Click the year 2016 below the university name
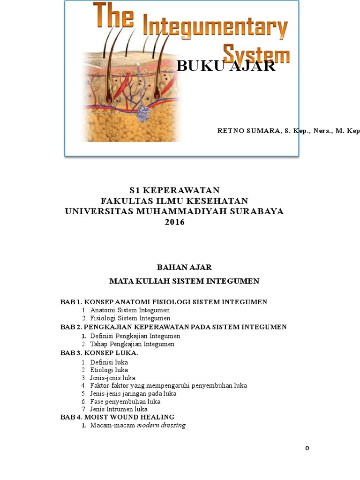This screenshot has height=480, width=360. point(174,222)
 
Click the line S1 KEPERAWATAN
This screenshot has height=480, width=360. point(174,190)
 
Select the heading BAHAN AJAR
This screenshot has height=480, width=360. point(184,267)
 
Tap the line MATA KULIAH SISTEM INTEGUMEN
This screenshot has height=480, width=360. point(184,281)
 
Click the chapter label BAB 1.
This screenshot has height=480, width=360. point(70,302)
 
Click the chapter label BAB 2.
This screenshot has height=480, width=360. point(70,327)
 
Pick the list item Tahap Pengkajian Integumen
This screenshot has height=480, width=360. point(132,344)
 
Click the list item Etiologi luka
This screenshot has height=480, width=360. point(109,369)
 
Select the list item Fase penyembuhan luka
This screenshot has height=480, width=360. point(125,401)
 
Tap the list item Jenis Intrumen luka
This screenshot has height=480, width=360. point(122,409)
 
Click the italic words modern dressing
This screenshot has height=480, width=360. point(161,425)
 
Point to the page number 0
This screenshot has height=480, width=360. point(307,448)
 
